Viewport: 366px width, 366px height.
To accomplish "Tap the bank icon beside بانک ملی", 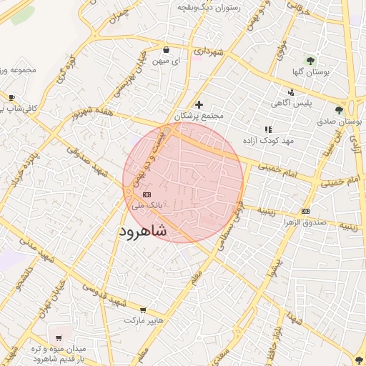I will tap(147, 194).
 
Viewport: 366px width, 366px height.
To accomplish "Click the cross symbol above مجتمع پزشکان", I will tap(199, 104).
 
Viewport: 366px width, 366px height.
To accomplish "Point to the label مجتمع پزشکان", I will tap(199, 115).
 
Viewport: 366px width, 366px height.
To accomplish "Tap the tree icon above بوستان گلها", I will tap(310, 61).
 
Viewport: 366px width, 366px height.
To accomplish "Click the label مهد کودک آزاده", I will tap(268, 141).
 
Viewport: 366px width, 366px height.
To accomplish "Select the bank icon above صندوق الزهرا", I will tap(306, 211).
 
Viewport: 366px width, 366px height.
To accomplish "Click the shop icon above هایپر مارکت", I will tap(143, 310).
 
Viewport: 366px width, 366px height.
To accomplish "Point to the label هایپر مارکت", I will tap(144, 321).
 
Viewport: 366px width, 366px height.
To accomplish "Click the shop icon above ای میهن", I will tap(167, 50).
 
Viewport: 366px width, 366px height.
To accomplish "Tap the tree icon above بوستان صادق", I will tap(339, 110).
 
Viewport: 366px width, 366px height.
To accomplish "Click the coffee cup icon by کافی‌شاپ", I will tap(11, 97).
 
